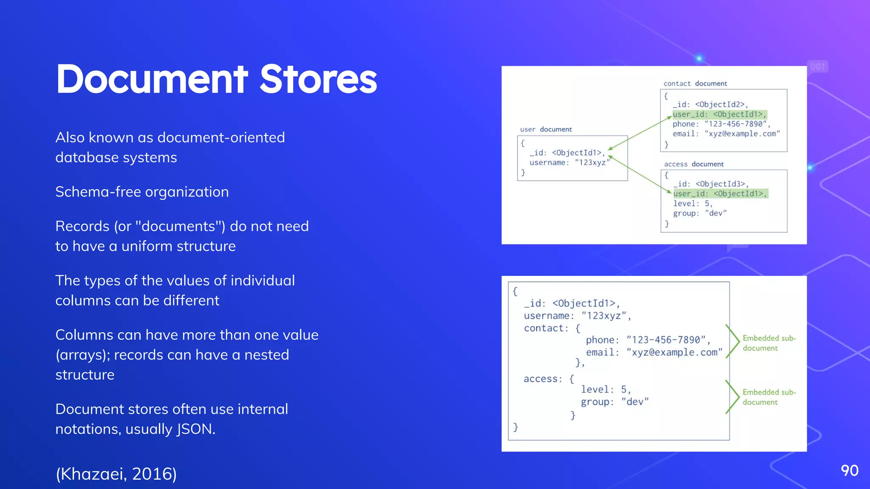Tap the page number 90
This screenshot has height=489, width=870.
(x=849, y=471)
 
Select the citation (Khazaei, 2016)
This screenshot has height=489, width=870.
(x=116, y=474)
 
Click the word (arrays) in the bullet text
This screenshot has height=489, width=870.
(x=83, y=355)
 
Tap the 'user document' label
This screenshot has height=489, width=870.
(x=546, y=129)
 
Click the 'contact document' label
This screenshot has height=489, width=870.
(x=695, y=84)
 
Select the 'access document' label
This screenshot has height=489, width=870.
(x=693, y=164)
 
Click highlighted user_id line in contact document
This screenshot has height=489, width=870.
(x=719, y=114)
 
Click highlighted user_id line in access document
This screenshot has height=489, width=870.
(x=720, y=194)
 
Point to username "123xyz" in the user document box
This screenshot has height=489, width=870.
(x=569, y=163)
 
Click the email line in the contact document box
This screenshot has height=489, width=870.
(x=726, y=134)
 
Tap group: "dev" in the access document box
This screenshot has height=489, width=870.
(x=700, y=213)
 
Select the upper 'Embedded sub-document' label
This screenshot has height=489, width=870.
(x=768, y=343)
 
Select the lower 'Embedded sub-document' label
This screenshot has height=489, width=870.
(x=768, y=397)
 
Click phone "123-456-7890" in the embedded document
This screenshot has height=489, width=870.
(x=648, y=340)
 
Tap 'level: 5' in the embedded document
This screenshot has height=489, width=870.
(x=605, y=389)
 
